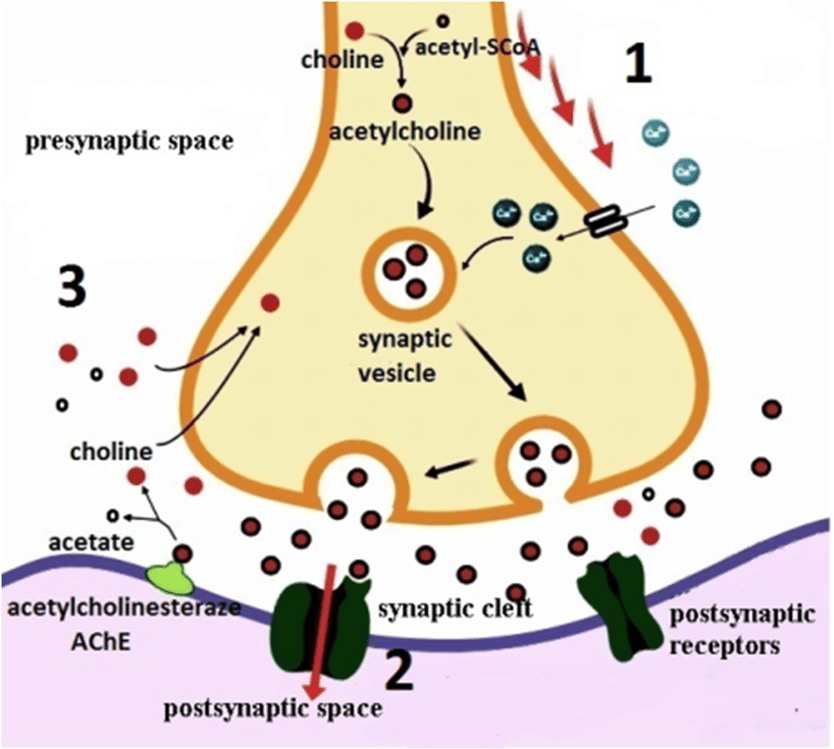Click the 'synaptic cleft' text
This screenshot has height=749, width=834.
pyautogui.click(x=454, y=610)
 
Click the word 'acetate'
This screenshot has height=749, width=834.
pyautogui.click(x=80, y=541)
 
